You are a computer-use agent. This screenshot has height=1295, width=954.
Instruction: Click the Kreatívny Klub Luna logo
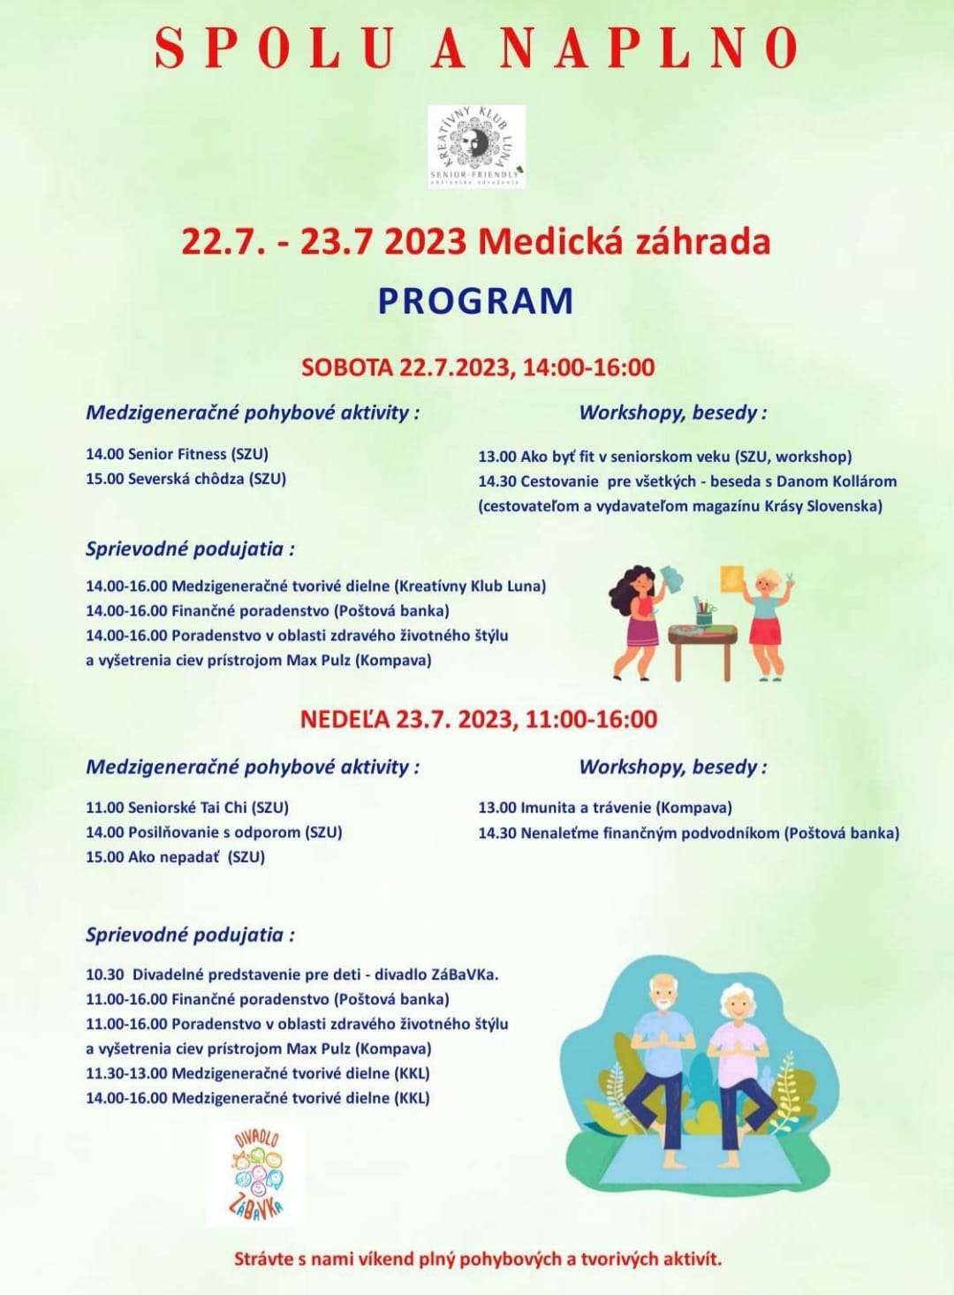coord(477,147)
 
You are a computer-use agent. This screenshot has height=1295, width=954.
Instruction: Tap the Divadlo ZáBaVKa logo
coord(257,1174)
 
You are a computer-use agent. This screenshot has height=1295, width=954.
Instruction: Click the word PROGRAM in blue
coord(476,301)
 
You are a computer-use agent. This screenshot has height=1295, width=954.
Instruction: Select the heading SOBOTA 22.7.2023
coord(478,367)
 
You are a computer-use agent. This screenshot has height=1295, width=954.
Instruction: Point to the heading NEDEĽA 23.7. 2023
coord(479,719)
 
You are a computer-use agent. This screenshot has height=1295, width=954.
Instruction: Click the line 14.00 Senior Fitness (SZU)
coord(177,454)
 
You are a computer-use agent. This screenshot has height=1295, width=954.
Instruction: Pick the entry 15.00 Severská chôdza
coord(185,479)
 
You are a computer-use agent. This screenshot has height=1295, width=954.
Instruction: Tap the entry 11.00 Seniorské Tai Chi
coord(187,807)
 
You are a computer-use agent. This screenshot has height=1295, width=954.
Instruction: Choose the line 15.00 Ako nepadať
coord(175,857)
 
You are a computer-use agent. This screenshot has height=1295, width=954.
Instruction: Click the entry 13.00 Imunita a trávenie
coord(605,807)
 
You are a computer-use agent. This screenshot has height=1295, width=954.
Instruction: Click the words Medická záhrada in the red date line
coord(625,241)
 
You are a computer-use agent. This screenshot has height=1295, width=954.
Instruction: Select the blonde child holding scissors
coord(766,618)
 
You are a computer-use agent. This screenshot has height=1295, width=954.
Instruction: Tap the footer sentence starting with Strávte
coord(478,1259)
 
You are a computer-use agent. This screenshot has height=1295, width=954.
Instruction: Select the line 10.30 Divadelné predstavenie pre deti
coord(292,975)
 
